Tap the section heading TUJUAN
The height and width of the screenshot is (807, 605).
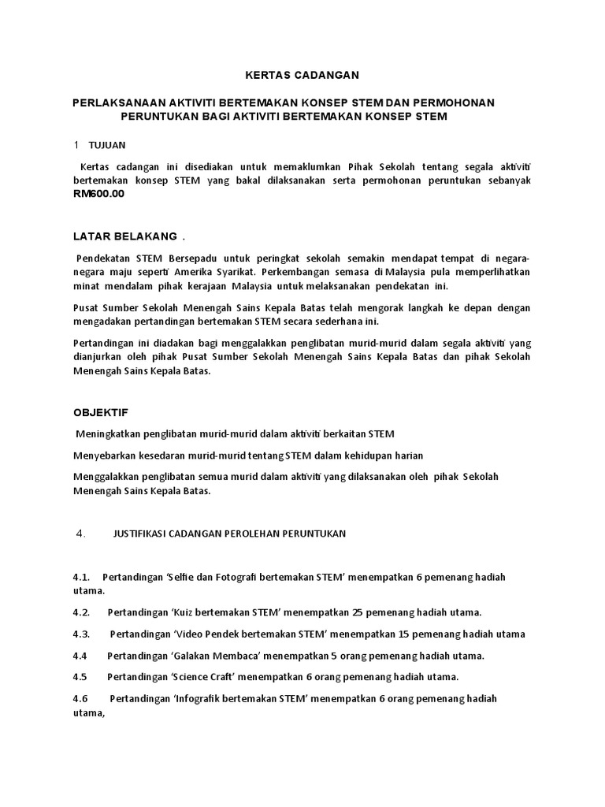tap(107, 145)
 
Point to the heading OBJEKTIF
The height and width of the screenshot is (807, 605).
tap(100, 413)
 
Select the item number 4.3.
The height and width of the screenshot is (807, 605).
tap(82, 634)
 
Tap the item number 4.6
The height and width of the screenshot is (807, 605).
tap(82, 699)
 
